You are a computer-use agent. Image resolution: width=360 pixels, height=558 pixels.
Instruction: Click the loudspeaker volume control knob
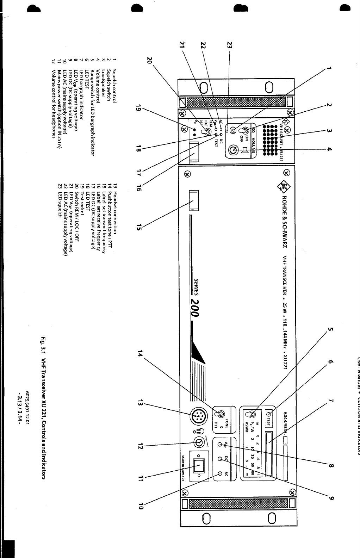click(x=232, y=150)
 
